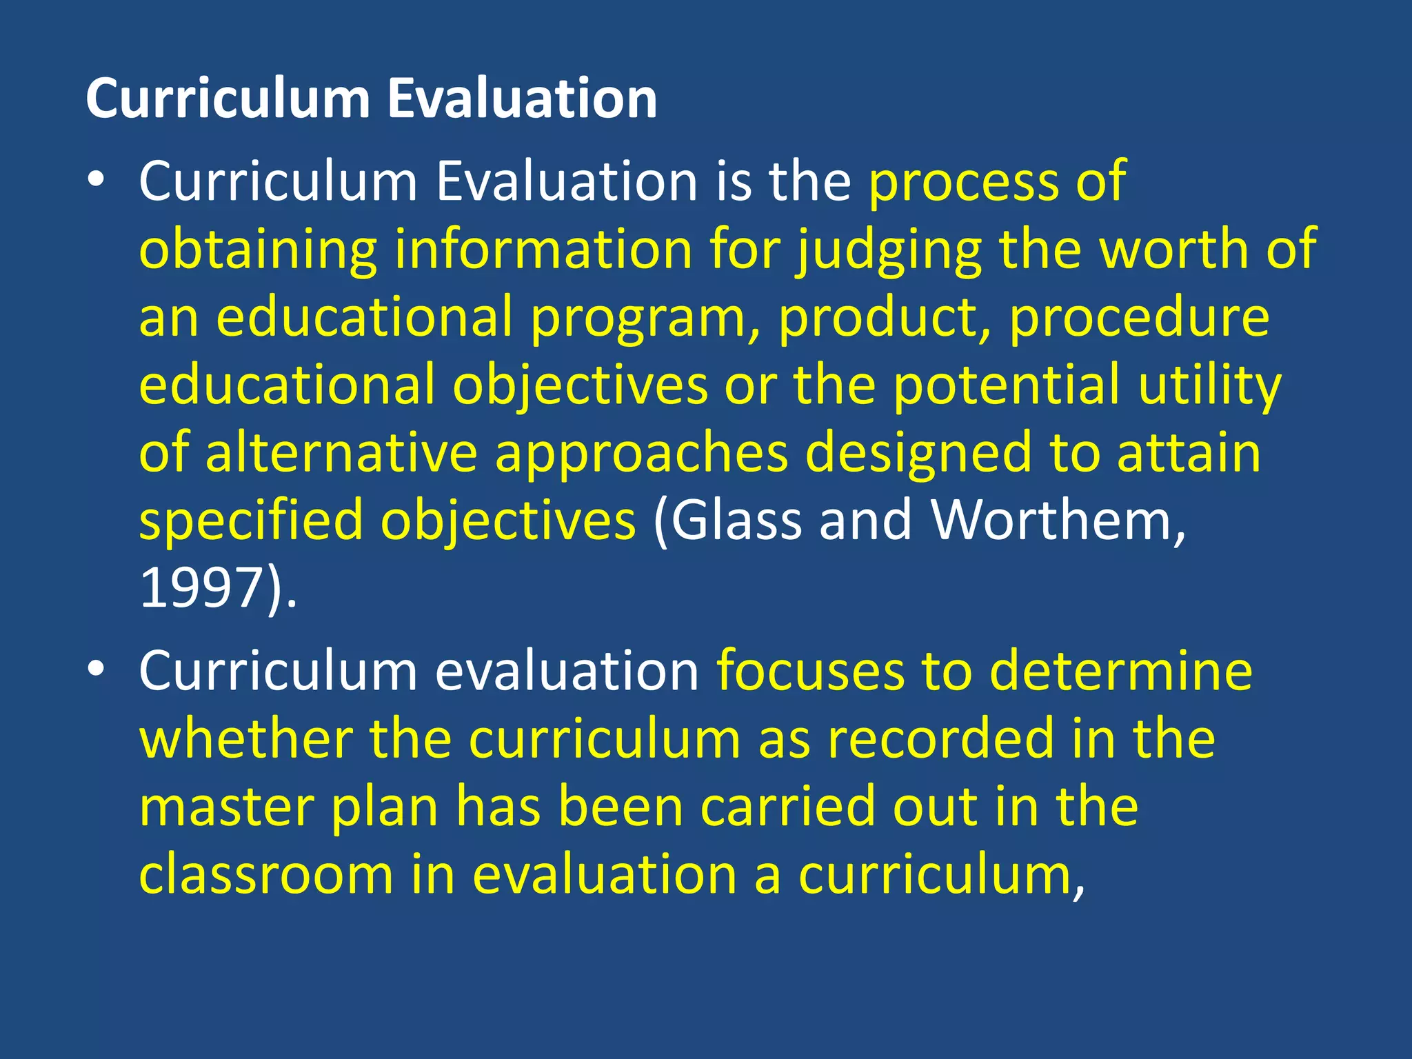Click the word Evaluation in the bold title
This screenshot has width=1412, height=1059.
521,99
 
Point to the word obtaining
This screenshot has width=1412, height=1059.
258,251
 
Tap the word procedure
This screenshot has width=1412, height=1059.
1138,319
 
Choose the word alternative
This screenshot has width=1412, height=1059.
341,454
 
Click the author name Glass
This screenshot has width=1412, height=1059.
736,521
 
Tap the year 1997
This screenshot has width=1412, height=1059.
202,588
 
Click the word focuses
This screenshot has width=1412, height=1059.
810,672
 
